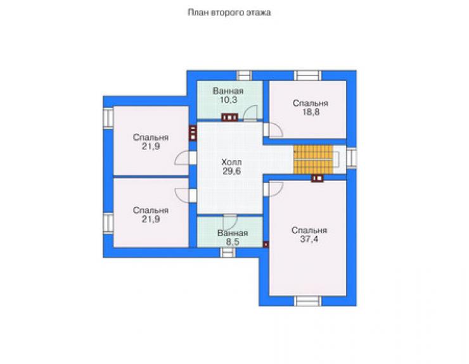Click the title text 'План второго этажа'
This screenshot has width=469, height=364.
coord(229,13)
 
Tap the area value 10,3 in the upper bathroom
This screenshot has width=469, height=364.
coord(229,100)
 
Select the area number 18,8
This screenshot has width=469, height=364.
coord(311,112)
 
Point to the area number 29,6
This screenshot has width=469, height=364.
coord(231,172)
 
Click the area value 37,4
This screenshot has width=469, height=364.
coord(309,239)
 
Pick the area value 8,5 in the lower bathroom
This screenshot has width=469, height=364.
coord(233,242)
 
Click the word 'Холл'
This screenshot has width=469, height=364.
coord(231,163)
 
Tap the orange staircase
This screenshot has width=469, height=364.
coord(313,160)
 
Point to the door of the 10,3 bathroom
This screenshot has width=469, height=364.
coord(250,113)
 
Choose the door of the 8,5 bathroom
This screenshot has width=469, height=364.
coord(230,222)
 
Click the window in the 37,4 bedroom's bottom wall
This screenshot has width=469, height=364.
coord(307,301)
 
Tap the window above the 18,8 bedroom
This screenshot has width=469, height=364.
coord(307,75)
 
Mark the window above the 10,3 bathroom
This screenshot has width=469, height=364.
coord(245,75)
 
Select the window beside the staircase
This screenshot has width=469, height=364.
coord(352,158)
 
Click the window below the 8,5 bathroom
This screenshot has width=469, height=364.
coord(228,253)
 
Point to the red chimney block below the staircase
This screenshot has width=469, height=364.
coord(318,178)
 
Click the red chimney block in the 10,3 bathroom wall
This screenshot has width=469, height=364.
coord(229,118)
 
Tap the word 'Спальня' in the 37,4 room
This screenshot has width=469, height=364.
coord(309,230)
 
